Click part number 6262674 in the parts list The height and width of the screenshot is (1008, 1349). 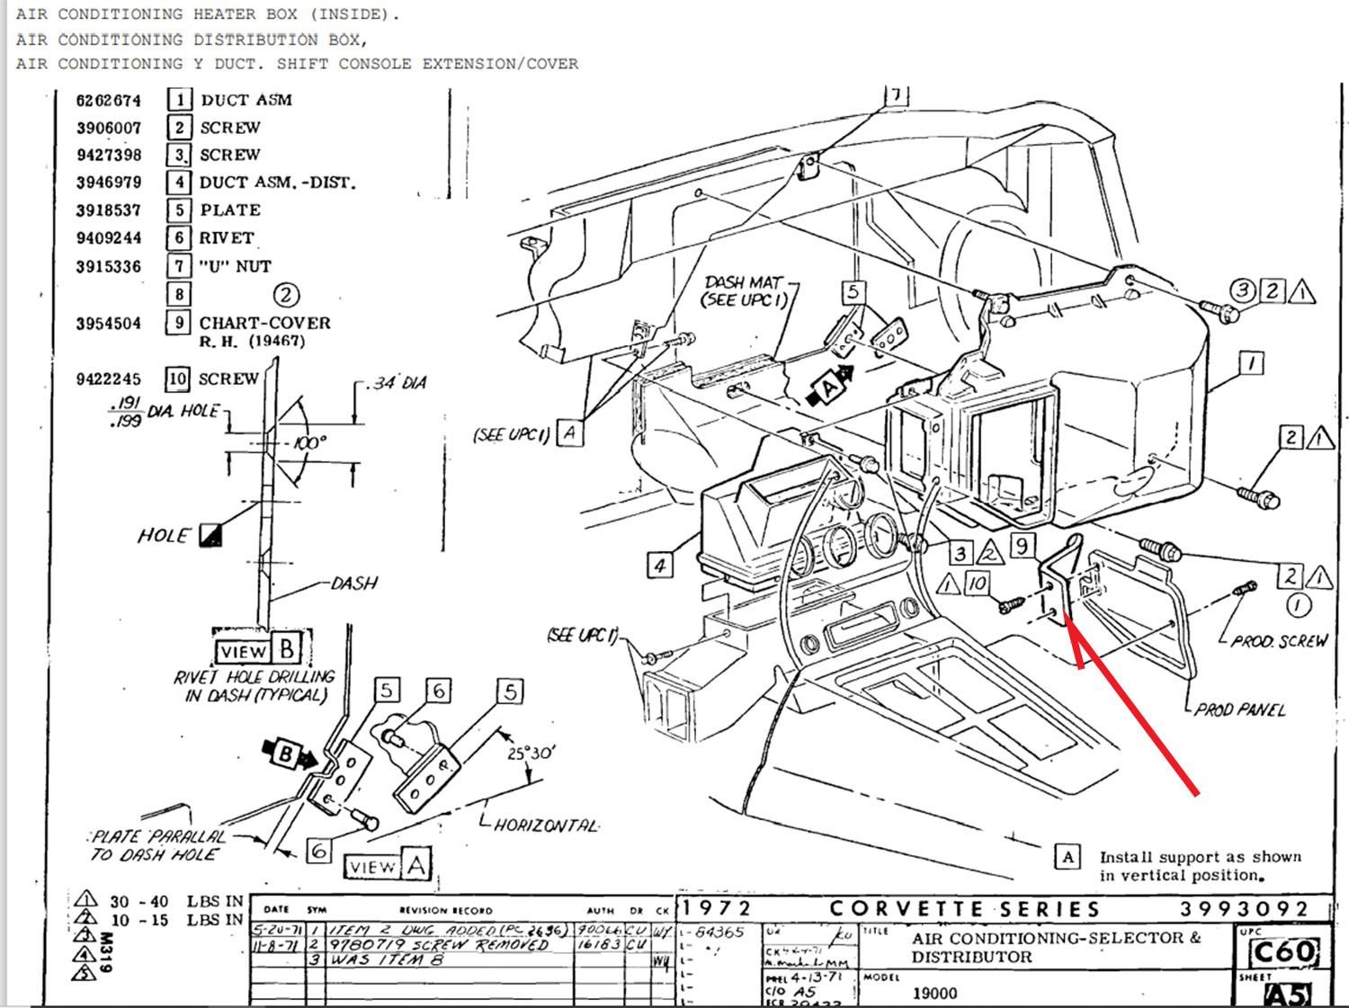pos(109,100)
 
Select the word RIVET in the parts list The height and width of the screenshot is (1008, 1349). pos(227,238)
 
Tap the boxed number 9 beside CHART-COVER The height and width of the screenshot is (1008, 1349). pos(179,323)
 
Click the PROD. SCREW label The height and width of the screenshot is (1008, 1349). pos(1278,641)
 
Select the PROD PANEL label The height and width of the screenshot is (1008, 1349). pos(1240,709)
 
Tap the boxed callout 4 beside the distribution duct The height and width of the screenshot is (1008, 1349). pos(660,565)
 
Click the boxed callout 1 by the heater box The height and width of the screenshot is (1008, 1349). pos(1251,363)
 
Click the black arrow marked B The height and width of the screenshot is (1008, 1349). pos(287,753)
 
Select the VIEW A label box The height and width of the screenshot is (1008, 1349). pos(388,866)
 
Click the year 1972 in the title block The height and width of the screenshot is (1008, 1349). pos(716,909)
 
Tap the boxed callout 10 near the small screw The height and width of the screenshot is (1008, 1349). pos(977,583)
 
